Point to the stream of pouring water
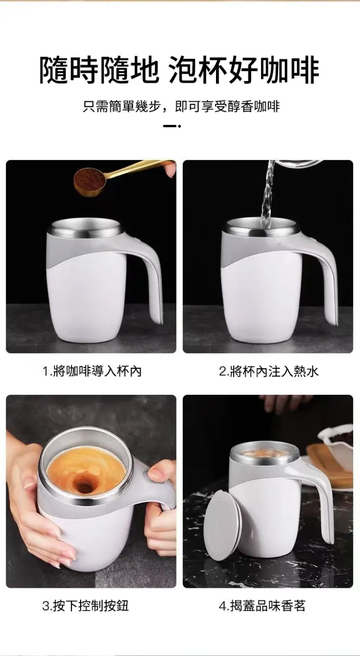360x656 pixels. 268,195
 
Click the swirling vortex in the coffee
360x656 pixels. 85,486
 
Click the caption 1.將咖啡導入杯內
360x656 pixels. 92,371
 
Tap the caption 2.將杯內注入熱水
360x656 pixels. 269,371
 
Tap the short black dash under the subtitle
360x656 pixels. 170,126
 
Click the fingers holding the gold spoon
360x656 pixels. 170,169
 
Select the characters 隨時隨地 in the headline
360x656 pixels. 99,71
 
